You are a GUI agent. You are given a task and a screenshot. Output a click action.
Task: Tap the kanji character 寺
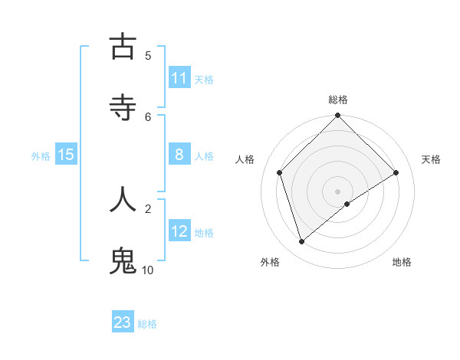(123, 107)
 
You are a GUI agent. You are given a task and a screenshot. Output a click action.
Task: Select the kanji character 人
(123, 198)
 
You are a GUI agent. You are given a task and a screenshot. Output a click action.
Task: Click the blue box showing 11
(179, 78)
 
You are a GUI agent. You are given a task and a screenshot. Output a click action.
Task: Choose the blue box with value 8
(179, 155)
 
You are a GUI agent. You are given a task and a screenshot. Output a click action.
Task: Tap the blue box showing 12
(179, 231)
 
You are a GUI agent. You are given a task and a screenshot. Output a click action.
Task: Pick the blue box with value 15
(66, 155)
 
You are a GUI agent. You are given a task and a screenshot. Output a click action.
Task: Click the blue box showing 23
(123, 322)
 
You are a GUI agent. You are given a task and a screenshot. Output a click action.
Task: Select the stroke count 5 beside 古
(148, 55)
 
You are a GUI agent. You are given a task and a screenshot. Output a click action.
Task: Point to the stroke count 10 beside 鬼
(148, 270)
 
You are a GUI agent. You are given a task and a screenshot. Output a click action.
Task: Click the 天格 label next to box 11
(204, 79)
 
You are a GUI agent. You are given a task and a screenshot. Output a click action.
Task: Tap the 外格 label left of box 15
(41, 155)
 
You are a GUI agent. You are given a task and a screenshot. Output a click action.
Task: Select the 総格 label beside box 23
(147, 323)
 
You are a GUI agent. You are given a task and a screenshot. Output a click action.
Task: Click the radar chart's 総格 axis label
(338, 100)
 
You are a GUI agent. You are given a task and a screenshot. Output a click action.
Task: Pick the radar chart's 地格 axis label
(402, 262)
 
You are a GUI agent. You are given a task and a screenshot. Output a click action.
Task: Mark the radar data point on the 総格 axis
(338, 116)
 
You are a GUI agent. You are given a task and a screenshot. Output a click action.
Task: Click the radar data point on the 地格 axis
(347, 204)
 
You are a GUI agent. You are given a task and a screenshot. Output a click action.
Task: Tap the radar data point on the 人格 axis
(280, 172)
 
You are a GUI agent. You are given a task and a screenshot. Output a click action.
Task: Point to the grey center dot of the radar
(338, 191)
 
